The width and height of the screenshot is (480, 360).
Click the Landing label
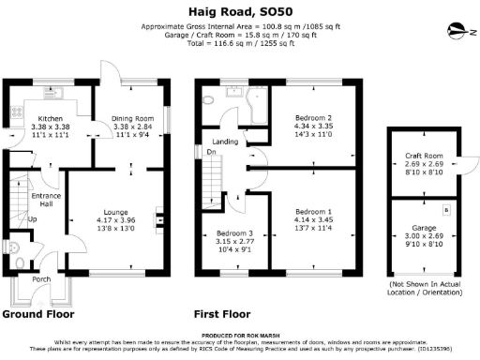228,142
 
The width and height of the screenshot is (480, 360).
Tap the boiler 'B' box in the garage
444,211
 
